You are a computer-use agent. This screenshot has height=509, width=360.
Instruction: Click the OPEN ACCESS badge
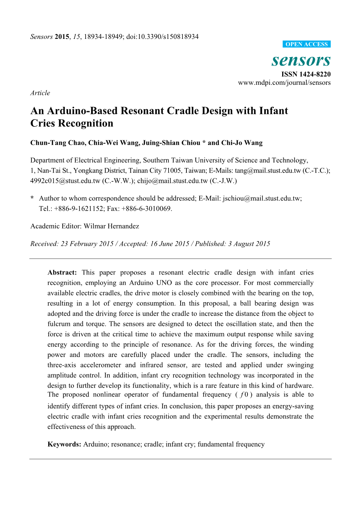[306, 44]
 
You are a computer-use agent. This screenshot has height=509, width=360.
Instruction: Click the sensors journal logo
[301, 60]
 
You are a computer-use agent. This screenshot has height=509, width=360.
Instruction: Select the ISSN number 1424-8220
[314, 74]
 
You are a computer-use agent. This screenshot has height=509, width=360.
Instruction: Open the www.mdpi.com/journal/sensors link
[284, 82]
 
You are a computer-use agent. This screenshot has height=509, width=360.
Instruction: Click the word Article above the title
[40, 93]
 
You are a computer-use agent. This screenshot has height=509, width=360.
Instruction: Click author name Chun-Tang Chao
[57, 143]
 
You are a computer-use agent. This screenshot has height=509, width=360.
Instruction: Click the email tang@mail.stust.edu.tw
[268, 170]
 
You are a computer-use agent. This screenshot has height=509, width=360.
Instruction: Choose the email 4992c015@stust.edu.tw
[65, 180]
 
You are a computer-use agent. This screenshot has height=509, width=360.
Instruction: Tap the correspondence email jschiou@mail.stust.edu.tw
[262, 198]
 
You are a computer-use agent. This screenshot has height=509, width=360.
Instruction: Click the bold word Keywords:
[64, 444]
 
